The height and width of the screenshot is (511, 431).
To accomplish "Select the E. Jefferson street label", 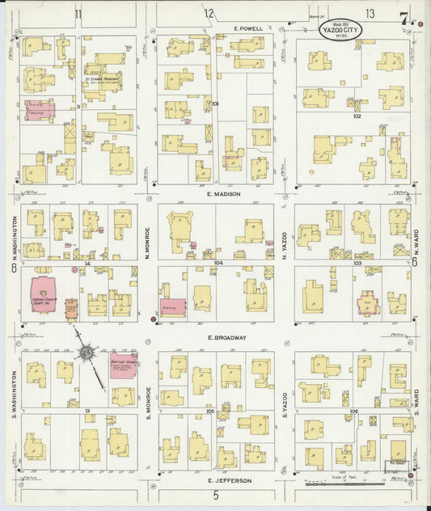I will (x=228, y=480).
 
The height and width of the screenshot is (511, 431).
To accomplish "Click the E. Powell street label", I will (x=248, y=29).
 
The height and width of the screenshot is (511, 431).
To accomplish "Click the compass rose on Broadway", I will (x=87, y=352).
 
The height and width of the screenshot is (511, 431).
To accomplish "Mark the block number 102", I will (x=357, y=116).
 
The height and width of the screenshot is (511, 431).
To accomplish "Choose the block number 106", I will (x=353, y=412).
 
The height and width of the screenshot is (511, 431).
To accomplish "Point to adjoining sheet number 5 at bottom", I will (x=216, y=494).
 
